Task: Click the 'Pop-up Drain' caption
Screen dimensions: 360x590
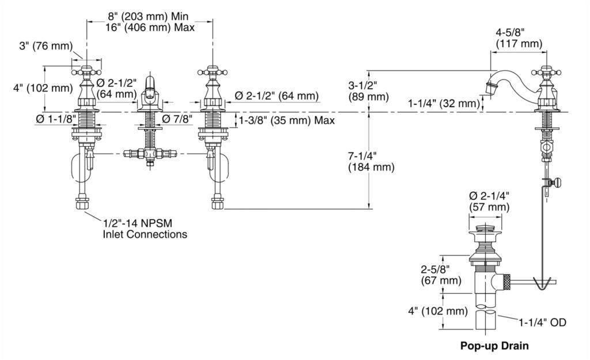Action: (494, 346)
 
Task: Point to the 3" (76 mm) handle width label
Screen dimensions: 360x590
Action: (44, 47)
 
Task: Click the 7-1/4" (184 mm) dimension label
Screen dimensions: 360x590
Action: (371, 162)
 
